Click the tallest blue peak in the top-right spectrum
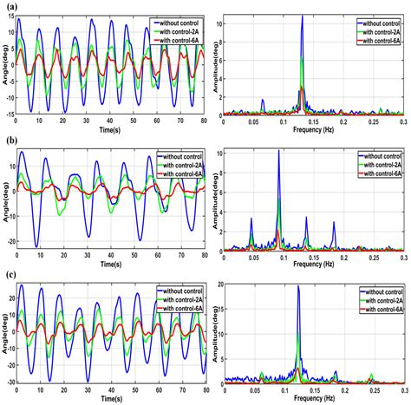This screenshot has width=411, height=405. click(302, 16)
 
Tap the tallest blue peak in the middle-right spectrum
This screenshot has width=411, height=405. click(278, 151)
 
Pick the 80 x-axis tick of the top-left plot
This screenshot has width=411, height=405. click(205, 121)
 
